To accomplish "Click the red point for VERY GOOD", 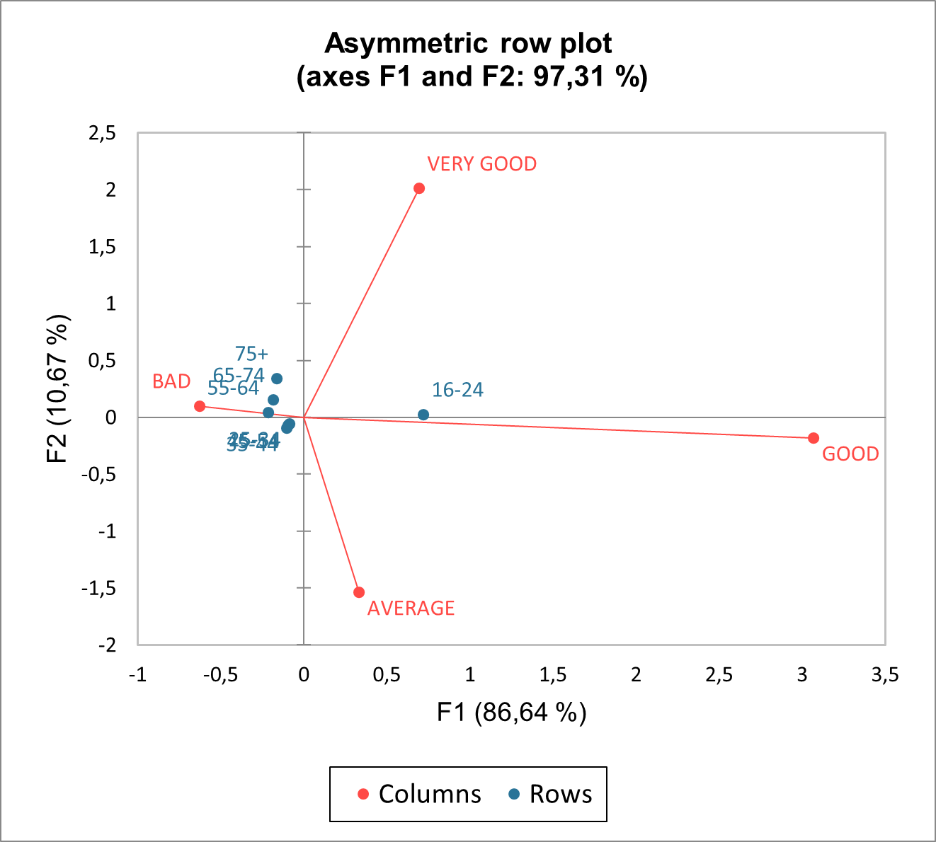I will click(419, 188).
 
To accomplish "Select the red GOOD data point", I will click(814, 438).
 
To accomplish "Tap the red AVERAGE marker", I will click(359, 592).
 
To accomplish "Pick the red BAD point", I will click(200, 406).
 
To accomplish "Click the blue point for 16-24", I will click(423, 415).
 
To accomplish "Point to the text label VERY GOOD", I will click(481, 164).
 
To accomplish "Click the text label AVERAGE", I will click(411, 609).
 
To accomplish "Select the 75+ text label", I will click(251, 354).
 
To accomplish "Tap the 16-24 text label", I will click(457, 390).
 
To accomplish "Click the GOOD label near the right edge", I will click(850, 454).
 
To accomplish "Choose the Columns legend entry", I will click(420, 794).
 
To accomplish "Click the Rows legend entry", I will click(551, 794).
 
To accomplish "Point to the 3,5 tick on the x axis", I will click(884, 675).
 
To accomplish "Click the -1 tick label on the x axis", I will click(137, 675).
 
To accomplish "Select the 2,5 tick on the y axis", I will click(102, 133).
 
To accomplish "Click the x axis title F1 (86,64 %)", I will click(511, 712).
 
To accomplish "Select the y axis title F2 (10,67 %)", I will click(58, 388).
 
